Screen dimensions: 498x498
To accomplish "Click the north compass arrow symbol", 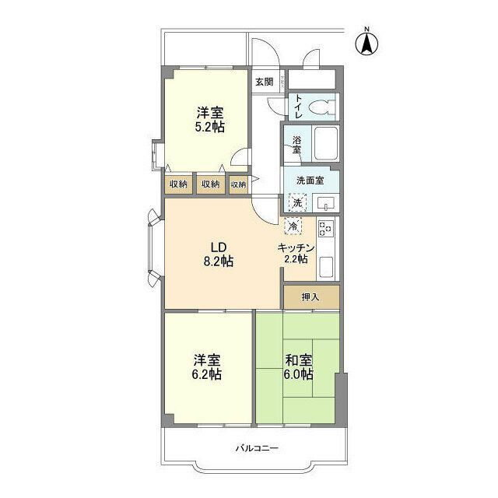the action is [x=366, y=44].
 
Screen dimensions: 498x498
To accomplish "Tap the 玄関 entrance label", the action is [x=265, y=82].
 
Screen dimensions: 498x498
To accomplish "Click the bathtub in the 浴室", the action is [x=325, y=143].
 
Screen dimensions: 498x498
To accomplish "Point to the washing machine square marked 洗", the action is [x=297, y=202].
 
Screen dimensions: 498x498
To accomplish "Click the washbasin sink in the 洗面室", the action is [x=325, y=203].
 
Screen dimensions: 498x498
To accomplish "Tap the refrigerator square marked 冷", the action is [x=293, y=226].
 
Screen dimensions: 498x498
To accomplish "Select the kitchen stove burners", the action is [x=325, y=228].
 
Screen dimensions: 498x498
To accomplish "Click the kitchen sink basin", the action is [x=326, y=266].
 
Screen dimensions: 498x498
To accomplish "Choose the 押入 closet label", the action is [x=310, y=297].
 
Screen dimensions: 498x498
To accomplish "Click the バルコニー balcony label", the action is [x=257, y=448].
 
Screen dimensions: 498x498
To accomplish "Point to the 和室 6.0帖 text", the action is [x=299, y=367].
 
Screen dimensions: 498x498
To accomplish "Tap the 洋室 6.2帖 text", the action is [x=207, y=367].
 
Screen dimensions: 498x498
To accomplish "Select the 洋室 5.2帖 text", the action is [x=209, y=119].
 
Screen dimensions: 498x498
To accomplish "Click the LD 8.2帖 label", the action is [x=219, y=254].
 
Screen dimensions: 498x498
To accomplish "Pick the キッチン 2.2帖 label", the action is [x=296, y=254].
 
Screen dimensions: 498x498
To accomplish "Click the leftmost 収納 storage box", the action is [x=178, y=184].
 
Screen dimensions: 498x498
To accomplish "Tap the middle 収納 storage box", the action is [x=211, y=184].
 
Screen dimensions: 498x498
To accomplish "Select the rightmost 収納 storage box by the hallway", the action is [x=238, y=184].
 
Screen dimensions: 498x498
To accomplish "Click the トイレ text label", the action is [x=299, y=107].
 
